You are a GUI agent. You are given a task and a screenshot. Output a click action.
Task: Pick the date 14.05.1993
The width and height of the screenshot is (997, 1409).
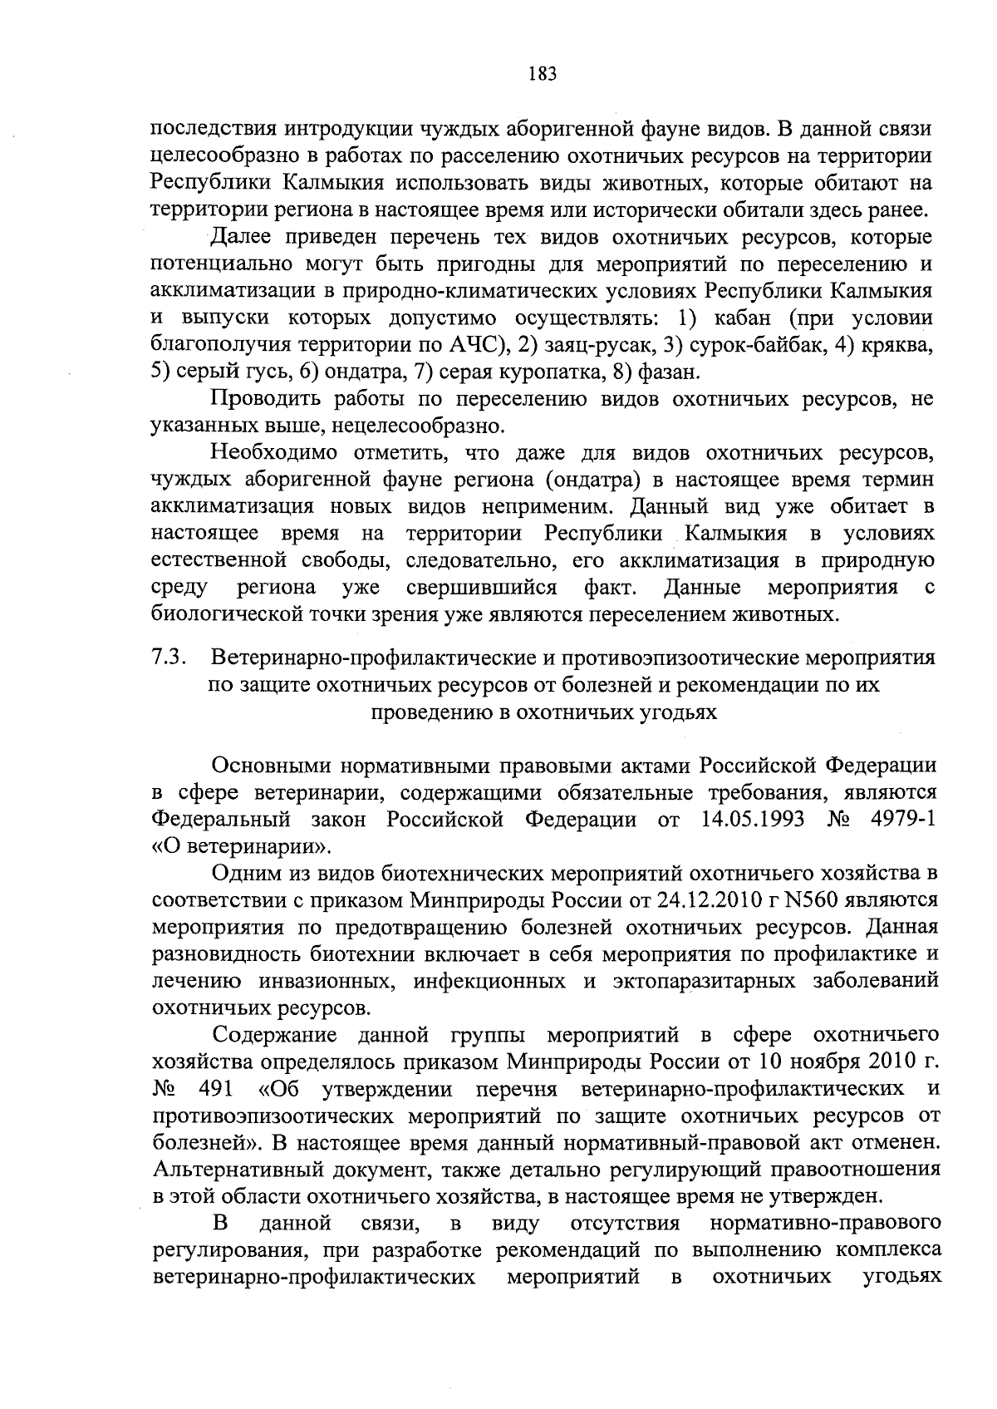click(x=752, y=820)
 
